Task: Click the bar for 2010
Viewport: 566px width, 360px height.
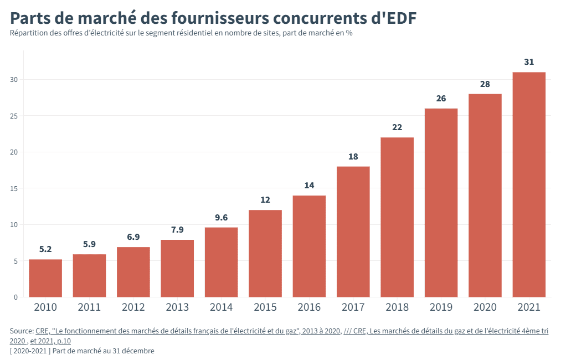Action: [45, 278]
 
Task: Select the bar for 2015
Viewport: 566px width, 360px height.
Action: [265, 254]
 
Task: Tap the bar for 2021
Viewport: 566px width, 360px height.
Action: [529, 184]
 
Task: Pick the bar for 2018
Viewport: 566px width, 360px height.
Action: [397, 217]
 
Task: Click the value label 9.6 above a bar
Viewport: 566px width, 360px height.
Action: [221, 218]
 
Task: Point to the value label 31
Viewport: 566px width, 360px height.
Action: [529, 62]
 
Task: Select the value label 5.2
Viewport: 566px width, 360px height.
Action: [45, 249]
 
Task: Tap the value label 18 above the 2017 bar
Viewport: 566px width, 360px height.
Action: [353, 157]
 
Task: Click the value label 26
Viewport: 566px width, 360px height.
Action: [441, 99]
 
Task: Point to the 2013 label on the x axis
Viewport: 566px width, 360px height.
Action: [177, 307]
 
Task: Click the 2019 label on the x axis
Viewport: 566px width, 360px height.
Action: [441, 307]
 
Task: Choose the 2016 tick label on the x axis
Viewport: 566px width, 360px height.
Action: [309, 307]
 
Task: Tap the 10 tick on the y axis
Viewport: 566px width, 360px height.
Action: [14, 225]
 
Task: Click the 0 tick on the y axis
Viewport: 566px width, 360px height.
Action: [16, 297]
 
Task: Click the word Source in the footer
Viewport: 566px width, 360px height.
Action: [20, 331]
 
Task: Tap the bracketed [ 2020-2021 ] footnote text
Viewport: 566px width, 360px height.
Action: [30, 351]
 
